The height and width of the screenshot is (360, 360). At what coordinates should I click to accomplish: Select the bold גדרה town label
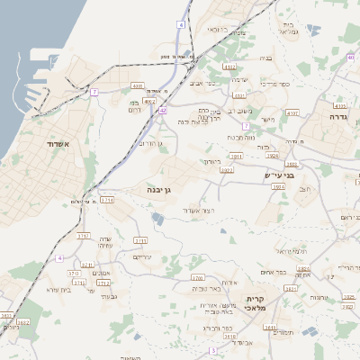click(x=338, y=117)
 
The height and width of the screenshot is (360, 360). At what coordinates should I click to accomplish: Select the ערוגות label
click(x=319, y=297)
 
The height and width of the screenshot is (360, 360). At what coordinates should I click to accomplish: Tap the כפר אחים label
click(x=274, y=272)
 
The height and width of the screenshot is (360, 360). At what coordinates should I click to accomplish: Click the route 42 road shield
click(x=163, y=110)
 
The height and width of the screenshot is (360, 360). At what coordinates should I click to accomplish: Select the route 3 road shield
click(x=213, y=349)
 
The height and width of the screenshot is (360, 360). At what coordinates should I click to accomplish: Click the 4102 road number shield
click(x=230, y=66)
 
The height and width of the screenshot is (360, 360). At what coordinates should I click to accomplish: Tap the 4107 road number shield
click(x=293, y=113)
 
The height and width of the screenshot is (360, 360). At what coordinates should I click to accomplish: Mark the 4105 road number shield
click(x=338, y=105)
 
